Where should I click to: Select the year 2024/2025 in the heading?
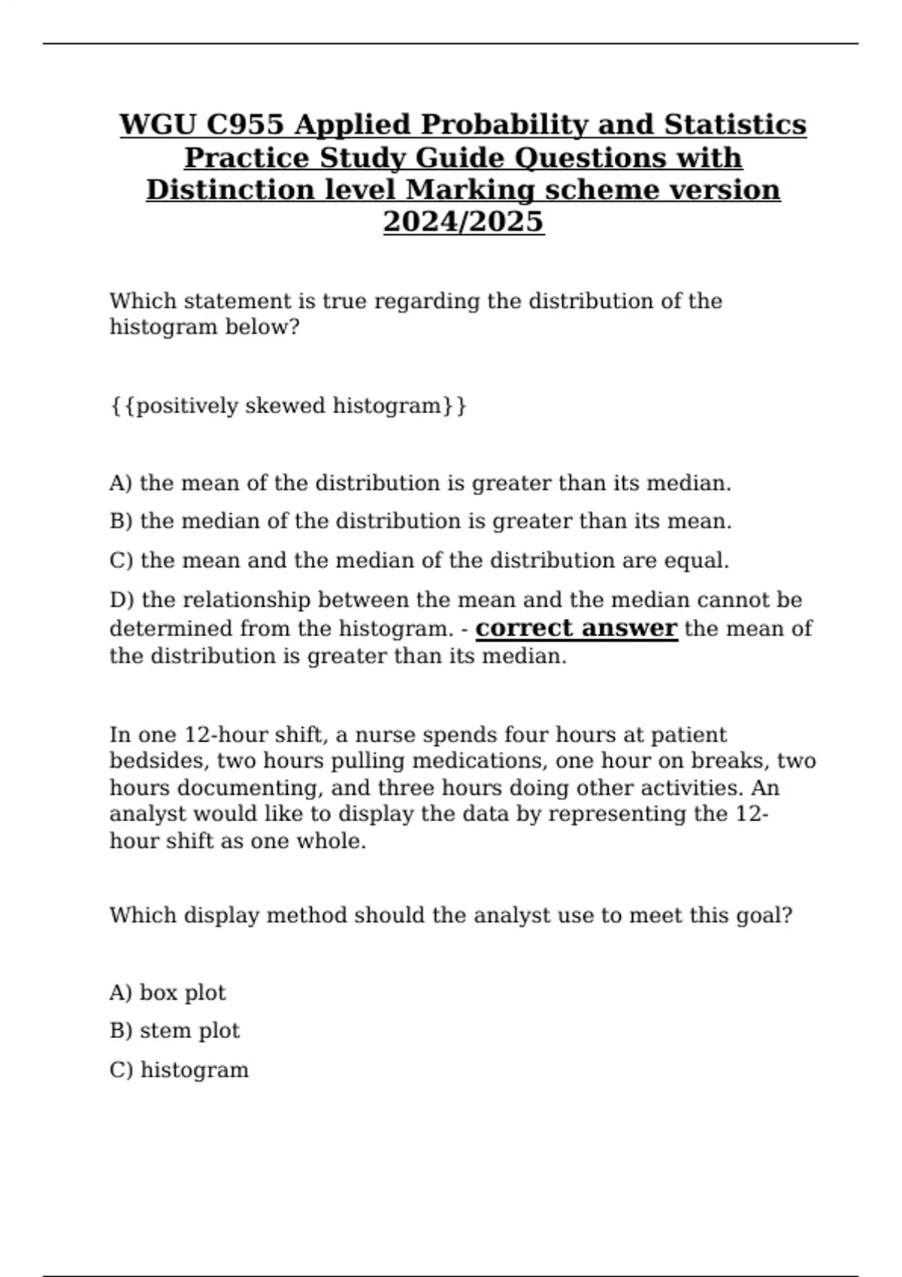point(463,222)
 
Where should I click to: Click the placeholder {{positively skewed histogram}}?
point(288,406)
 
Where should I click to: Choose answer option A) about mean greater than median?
point(420,483)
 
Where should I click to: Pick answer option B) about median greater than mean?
point(420,521)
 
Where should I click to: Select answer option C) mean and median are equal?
point(419,560)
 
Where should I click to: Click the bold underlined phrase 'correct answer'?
point(577,628)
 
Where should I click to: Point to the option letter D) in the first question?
point(122,600)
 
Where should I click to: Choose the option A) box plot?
point(167,993)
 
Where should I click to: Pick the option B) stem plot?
point(174,1031)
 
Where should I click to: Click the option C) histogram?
point(179,1070)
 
